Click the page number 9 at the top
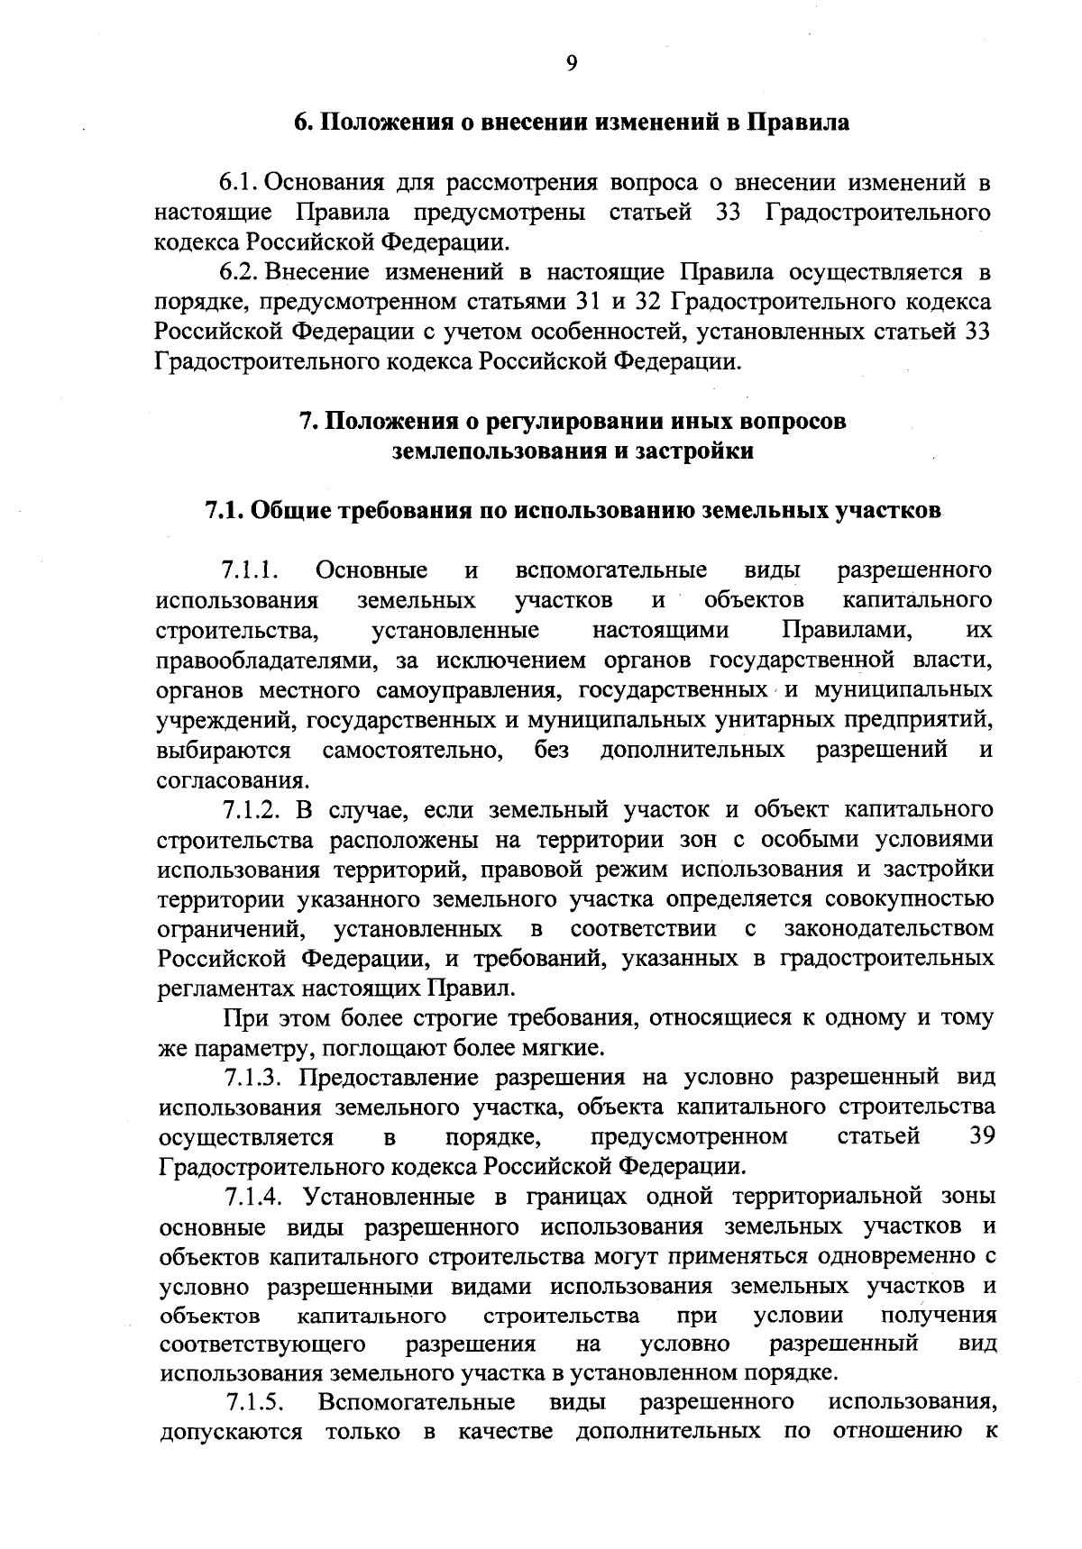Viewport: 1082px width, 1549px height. pos(570,62)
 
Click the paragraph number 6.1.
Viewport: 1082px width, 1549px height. pos(241,183)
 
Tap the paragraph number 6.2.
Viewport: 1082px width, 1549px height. pos(241,272)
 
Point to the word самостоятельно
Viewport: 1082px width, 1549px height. pos(412,751)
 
